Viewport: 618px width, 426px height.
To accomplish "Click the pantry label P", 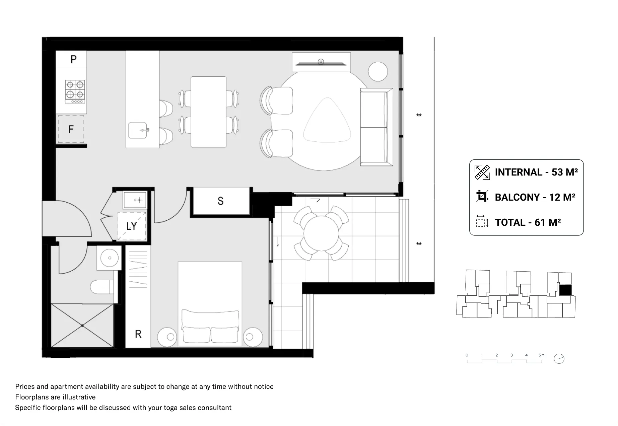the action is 74,59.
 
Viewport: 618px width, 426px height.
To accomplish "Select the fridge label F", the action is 71,129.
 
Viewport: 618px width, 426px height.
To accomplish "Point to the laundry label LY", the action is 131,226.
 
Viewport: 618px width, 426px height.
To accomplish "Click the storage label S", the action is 220,201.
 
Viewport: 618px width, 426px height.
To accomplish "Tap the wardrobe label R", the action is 138,334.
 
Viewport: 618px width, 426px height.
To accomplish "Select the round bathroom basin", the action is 110,258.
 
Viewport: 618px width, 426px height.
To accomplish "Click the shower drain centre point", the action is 82,326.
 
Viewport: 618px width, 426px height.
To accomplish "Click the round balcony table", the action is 321,233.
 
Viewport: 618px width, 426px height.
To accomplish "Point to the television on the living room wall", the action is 321,63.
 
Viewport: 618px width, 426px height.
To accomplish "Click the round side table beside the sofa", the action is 378,71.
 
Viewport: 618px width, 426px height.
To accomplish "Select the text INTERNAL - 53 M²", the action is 536,172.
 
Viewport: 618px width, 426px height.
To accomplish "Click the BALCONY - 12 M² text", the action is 535,197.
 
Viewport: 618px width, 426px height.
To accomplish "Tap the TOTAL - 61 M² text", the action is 528,222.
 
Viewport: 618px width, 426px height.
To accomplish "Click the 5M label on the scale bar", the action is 541,355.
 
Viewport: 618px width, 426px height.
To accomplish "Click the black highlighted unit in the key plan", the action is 565,290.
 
